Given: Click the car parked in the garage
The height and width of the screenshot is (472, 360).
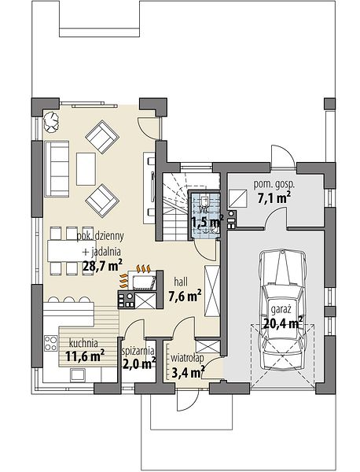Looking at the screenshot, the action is point(282,311).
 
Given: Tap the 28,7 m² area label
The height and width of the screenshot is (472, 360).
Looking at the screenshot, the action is point(102,266).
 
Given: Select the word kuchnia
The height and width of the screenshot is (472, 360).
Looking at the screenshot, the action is point(83,343).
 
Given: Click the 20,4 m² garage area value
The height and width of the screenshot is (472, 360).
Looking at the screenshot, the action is point(283,323).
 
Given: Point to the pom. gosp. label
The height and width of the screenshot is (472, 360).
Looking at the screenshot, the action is point(274,184).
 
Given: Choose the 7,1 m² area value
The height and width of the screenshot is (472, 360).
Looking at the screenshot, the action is point(274,197).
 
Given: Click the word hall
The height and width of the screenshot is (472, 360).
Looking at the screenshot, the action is point(181,282).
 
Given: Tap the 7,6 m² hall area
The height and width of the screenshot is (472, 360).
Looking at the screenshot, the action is point(185,297).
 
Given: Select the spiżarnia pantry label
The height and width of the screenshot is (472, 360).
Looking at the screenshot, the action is point(138,352).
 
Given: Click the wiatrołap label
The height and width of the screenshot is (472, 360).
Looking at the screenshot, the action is point(187,358).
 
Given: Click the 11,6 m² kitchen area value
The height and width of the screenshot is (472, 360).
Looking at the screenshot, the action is point(85,356).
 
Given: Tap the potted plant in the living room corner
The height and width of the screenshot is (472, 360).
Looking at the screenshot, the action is point(51,122).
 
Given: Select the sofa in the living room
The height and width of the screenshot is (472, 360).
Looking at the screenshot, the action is point(57,168).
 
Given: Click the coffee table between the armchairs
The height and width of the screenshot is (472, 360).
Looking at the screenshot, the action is point(86,169).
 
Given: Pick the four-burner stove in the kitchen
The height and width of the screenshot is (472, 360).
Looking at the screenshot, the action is point(51,343).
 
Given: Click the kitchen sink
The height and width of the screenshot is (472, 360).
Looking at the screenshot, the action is point(78,375).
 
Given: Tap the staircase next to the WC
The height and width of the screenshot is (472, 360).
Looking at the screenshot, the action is point(174,207).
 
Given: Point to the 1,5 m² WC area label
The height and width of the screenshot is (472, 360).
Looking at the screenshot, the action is point(208,223).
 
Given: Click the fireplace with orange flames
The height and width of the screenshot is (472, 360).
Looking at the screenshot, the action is point(141,278).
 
